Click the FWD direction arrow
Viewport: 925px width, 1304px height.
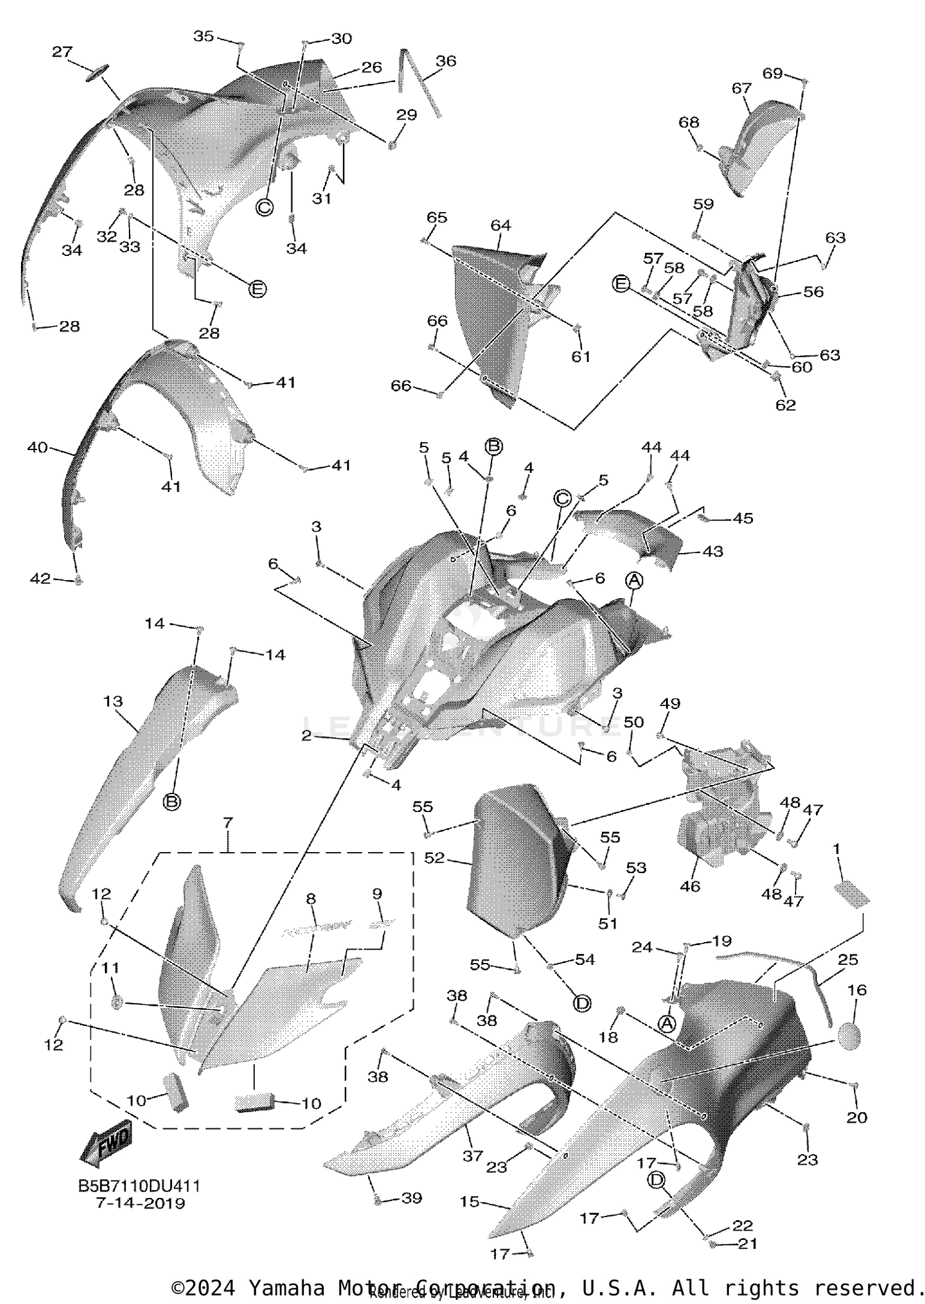106,1144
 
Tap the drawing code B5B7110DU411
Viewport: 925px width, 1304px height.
139,1186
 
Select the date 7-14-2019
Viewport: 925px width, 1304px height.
141,1203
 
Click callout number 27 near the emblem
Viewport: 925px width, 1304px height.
62,52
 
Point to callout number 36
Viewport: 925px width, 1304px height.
446,60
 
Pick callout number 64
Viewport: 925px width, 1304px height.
501,225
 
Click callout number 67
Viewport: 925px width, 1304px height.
741,88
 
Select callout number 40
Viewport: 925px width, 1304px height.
37,447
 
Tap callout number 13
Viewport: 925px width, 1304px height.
113,701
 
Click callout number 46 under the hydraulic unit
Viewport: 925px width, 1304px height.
690,886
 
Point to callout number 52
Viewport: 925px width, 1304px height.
434,858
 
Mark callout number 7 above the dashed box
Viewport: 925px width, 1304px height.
228,822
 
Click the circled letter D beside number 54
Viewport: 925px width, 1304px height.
582,1004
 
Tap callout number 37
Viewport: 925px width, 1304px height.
473,1156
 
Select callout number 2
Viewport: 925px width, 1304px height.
306,736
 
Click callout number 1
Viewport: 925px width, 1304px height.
837,849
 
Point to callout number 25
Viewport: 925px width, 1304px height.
849,960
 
